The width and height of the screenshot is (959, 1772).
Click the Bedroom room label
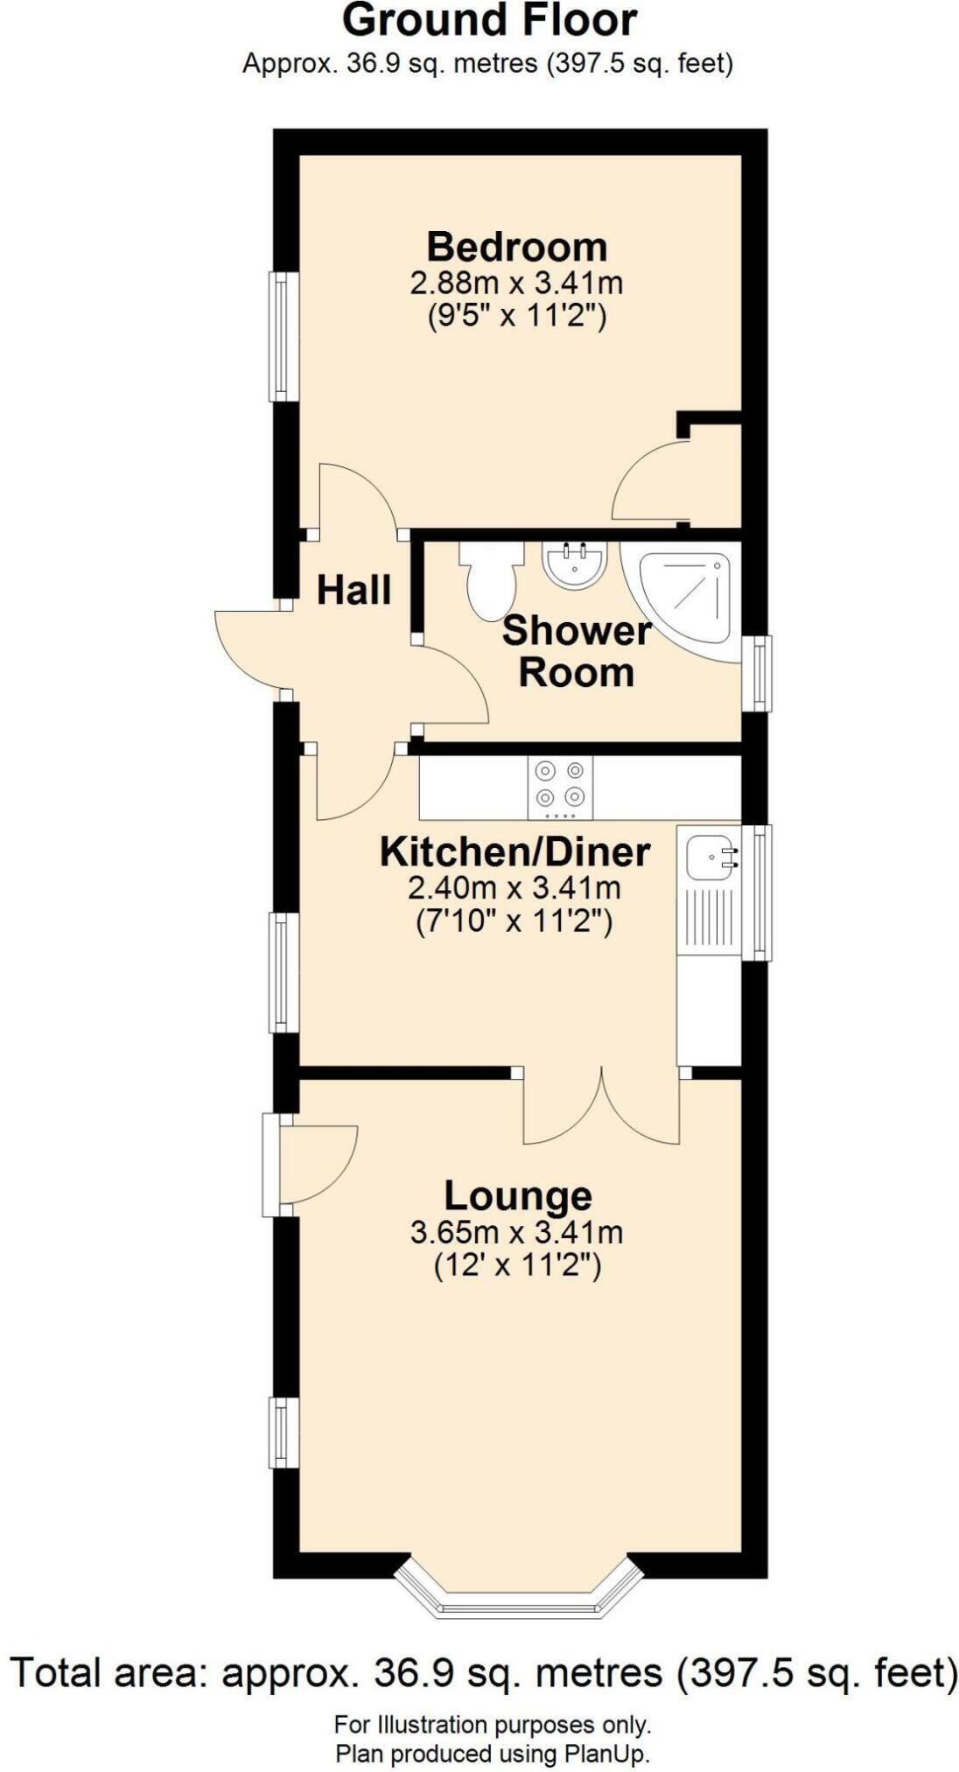tap(516, 247)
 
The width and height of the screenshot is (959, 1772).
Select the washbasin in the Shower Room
tap(574, 564)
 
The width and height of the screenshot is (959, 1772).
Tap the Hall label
tap(353, 590)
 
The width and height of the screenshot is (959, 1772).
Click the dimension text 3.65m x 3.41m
tap(516, 1232)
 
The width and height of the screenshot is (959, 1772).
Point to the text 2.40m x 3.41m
tap(514, 888)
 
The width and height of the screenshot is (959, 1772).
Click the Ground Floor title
tap(489, 21)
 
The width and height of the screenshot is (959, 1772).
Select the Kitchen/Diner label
tap(514, 851)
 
